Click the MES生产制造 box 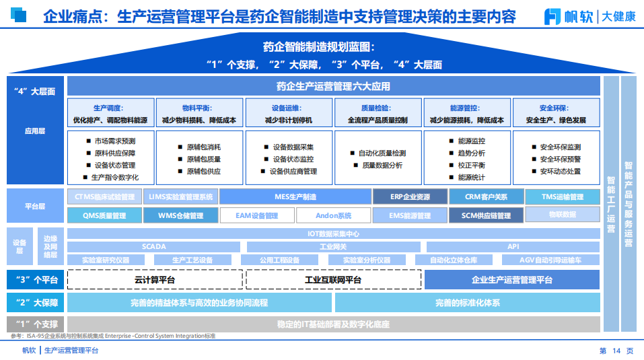(295, 197)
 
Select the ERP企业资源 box (410, 197)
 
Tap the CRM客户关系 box (485, 197)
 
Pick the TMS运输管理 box (562, 197)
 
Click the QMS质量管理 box (104, 216)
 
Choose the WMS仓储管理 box (180, 216)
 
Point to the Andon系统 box (333, 216)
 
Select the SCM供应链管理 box (485, 216)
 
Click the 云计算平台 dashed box (154, 280)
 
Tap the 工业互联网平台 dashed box (333, 280)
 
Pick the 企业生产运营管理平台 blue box (512, 280)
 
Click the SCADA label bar (154, 247)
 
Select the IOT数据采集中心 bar (333, 234)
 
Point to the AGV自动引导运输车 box (550, 260)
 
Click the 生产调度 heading (110, 108)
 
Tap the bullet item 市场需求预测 (114, 141)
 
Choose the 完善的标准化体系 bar (467, 303)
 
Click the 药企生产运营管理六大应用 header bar (333, 86)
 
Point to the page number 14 (614, 351)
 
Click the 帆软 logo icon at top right (553, 17)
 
